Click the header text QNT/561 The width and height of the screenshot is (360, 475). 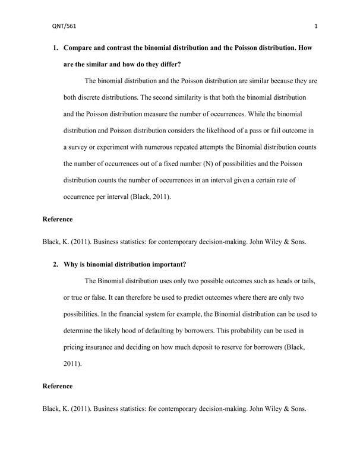[x=65, y=26]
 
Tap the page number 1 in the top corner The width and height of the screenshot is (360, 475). [x=316, y=26]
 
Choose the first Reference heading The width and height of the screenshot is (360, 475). [x=58, y=220]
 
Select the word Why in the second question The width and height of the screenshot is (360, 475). [x=71, y=264]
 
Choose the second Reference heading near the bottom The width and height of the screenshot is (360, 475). [x=58, y=387]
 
